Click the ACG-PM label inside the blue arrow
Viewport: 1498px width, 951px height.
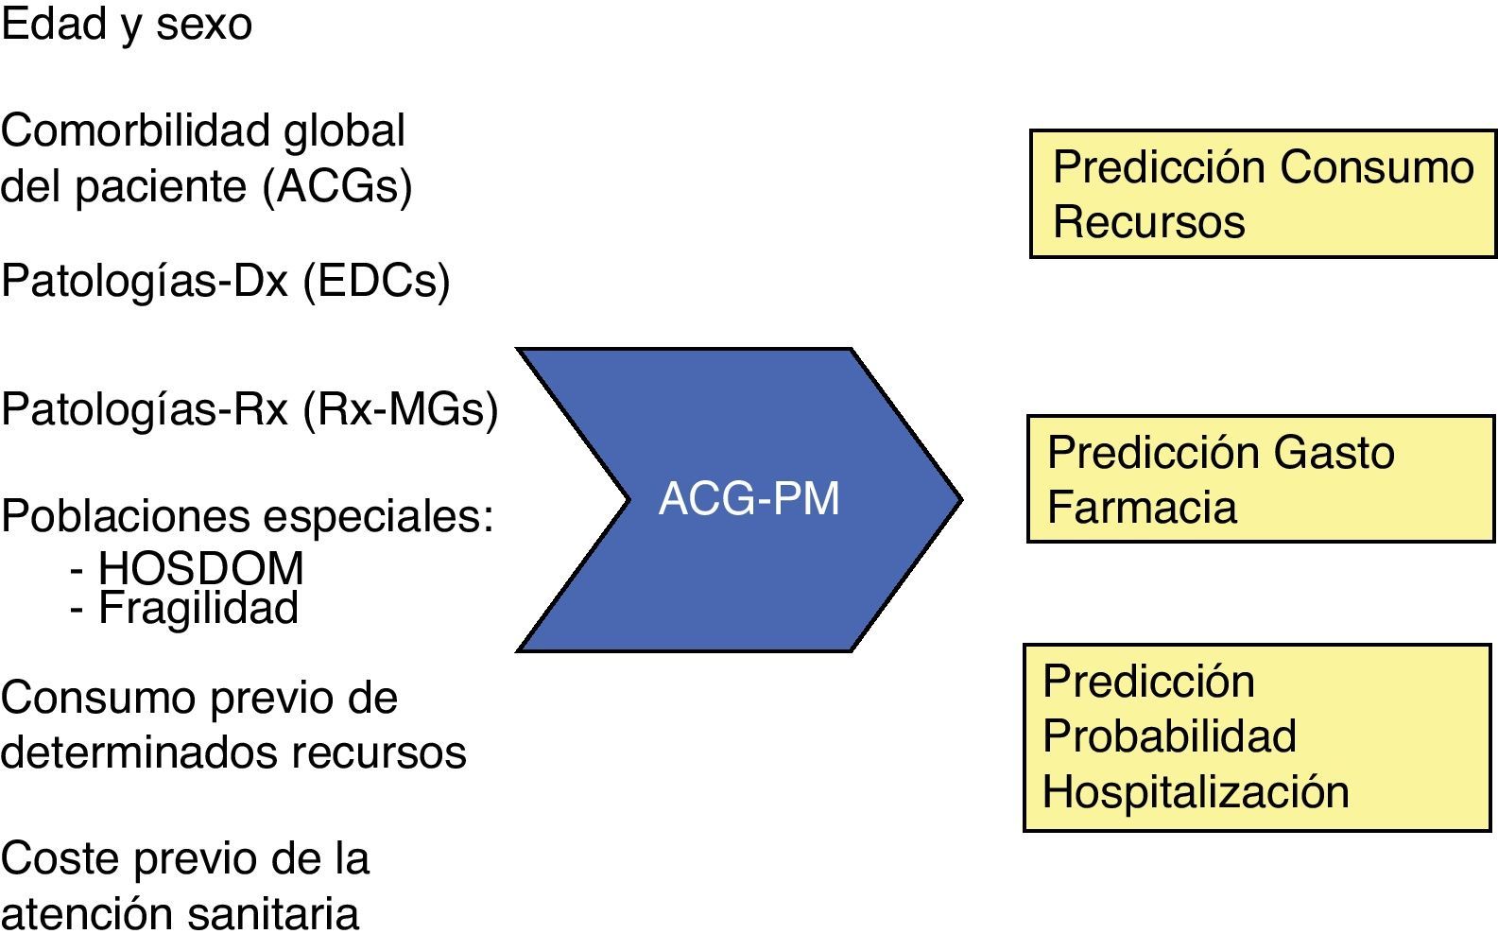[x=749, y=498]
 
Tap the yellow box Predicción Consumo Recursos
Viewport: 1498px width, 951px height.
[x=1263, y=194]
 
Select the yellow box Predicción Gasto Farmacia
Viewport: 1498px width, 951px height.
[x=1261, y=478]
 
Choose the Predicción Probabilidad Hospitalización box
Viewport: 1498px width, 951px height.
[x=1257, y=737]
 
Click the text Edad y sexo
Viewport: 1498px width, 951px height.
[x=127, y=24]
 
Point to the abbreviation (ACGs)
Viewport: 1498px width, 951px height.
[x=337, y=186]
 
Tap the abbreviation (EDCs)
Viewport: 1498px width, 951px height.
[x=376, y=281]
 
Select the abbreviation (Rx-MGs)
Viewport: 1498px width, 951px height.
[x=400, y=409]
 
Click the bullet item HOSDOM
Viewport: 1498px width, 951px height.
[x=200, y=567]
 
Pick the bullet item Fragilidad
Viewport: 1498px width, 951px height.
[x=198, y=607]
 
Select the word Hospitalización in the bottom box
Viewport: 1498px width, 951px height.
[x=1196, y=791]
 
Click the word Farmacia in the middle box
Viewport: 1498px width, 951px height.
[x=1142, y=507]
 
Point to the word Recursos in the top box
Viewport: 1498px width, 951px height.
[x=1148, y=222]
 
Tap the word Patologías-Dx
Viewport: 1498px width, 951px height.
[x=145, y=281]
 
